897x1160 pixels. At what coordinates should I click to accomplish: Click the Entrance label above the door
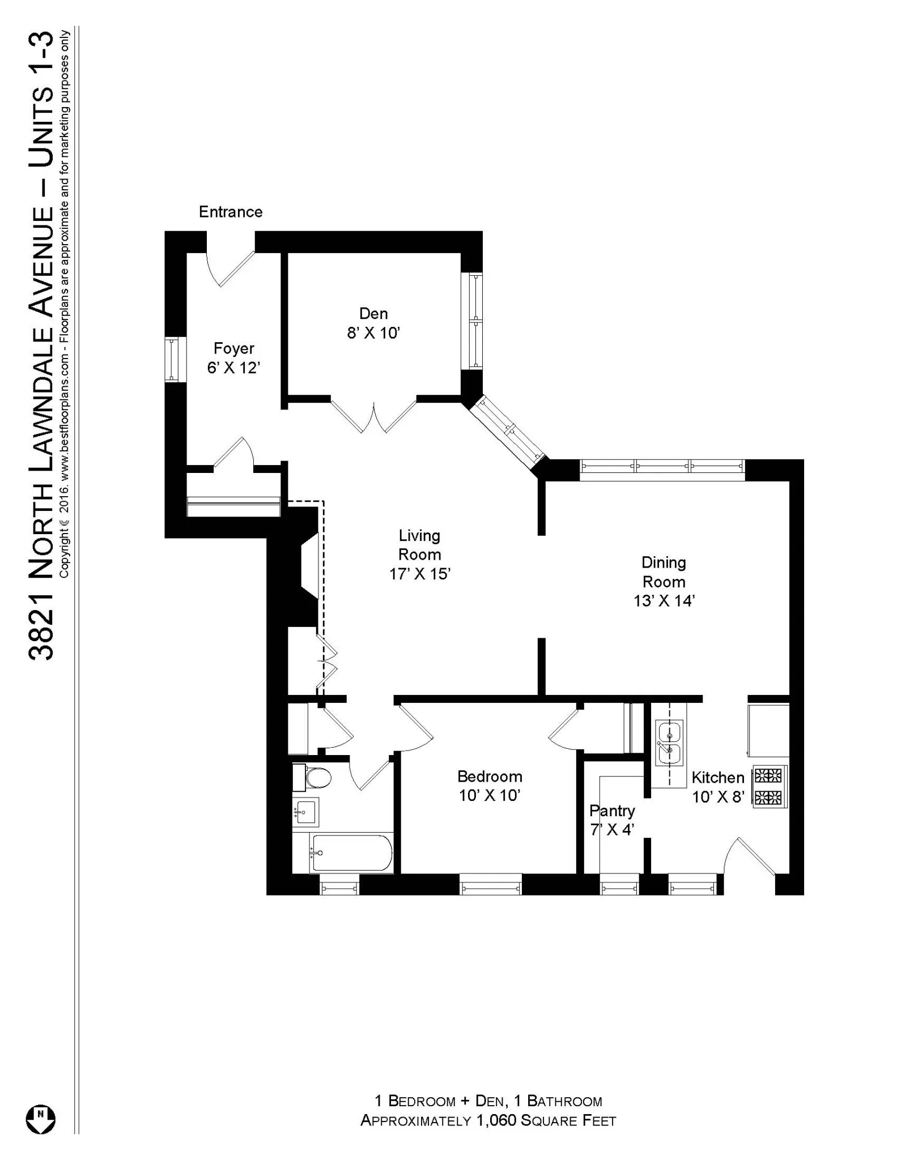pyautogui.click(x=231, y=212)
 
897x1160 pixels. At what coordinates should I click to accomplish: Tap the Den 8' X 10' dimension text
pyautogui.click(x=373, y=333)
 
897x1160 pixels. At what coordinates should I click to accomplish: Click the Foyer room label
pyautogui.click(x=233, y=348)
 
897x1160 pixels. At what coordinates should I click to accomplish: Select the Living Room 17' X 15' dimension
pyautogui.click(x=419, y=574)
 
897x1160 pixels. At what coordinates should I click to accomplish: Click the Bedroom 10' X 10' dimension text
pyautogui.click(x=490, y=795)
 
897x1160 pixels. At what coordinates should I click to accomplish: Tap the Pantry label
pyautogui.click(x=612, y=811)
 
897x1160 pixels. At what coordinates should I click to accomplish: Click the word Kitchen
pyautogui.click(x=717, y=778)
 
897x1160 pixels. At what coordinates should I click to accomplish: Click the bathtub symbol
pyautogui.click(x=350, y=853)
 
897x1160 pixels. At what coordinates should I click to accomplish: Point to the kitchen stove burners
pyautogui.click(x=768, y=787)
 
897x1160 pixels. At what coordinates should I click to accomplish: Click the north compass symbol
pyautogui.click(x=40, y=1120)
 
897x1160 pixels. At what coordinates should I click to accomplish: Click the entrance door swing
pyautogui.click(x=229, y=269)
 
